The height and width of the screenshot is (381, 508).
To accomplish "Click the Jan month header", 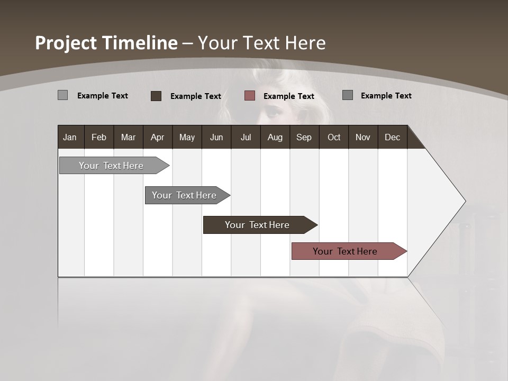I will click(70, 137).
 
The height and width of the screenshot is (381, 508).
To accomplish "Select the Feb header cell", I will click(99, 137).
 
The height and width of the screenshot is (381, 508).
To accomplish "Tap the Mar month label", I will click(128, 137).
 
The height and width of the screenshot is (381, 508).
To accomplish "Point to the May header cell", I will click(187, 137).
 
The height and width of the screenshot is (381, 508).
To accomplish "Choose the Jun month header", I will click(216, 137).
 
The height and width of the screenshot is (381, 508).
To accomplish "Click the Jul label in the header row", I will click(246, 137).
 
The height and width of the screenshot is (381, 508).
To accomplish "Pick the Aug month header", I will click(275, 137).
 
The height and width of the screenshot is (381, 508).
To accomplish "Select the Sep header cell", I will click(304, 137).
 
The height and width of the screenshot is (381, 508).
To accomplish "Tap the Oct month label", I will click(334, 137).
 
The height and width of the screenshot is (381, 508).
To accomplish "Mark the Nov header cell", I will click(363, 137).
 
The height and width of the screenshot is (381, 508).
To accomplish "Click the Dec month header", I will click(392, 137).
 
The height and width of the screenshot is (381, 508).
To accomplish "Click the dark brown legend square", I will click(156, 96).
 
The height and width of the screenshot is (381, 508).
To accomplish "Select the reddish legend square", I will click(250, 96).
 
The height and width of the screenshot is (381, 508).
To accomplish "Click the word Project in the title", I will click(66, 43).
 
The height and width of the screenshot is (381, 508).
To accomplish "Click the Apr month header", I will click(157, 137).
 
